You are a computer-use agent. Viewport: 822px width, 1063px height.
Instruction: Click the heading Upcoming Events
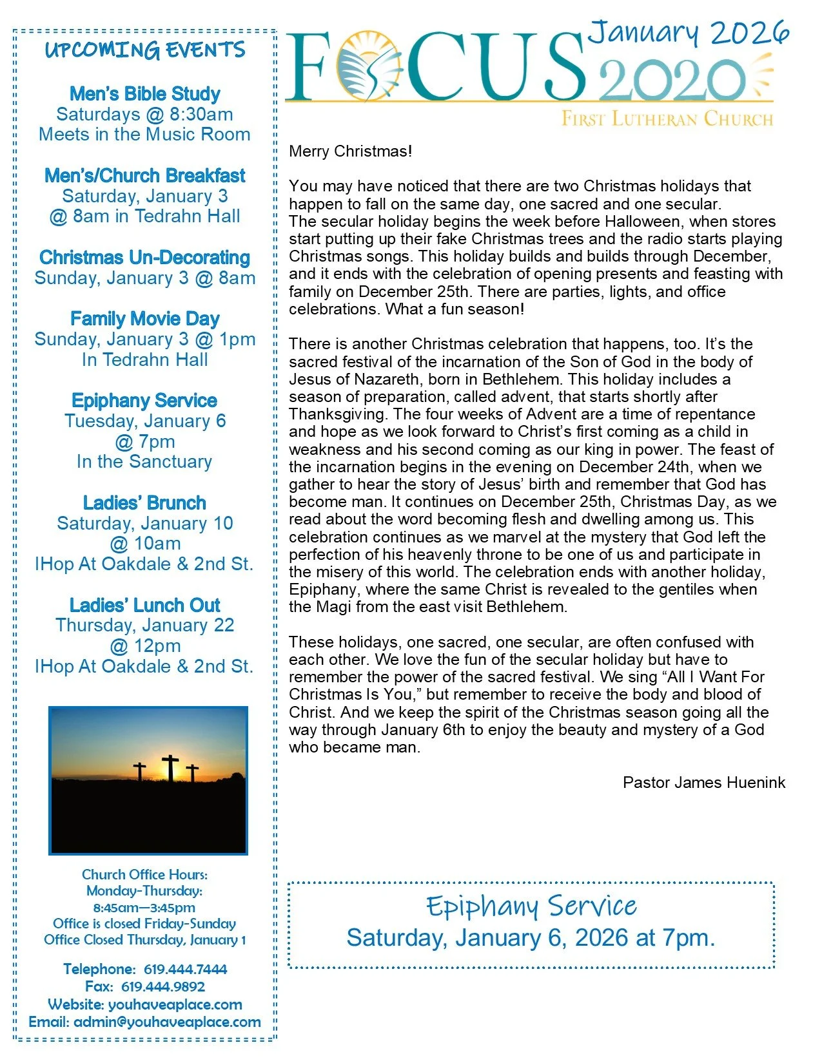[145, 50]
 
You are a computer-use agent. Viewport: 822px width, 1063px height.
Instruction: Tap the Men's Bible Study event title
[145, 94]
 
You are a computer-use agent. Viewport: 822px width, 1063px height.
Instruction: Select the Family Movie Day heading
[145, 319]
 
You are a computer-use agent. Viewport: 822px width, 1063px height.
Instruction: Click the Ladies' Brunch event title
[145, 503]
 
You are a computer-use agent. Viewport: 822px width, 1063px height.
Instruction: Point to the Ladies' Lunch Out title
[145, 606]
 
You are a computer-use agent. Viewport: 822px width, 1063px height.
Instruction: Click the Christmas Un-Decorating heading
[145, 258]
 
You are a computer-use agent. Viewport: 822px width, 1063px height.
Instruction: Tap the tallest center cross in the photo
[171, 767]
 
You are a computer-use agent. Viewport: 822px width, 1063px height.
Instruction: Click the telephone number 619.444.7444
[186, 969]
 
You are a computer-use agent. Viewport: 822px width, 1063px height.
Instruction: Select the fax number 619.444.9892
[163, 986]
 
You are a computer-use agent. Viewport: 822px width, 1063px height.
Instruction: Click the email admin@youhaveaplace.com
[167, 1022]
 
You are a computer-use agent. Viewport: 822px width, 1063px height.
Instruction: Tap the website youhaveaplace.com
[175, 1004]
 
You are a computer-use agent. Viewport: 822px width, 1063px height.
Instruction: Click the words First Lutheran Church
[667, 119]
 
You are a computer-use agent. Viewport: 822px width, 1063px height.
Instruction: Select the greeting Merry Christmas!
[351, 151]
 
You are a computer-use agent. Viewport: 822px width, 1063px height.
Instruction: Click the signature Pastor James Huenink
[704, 783]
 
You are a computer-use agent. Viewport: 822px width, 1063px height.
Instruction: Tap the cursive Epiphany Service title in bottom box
[531, 906]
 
